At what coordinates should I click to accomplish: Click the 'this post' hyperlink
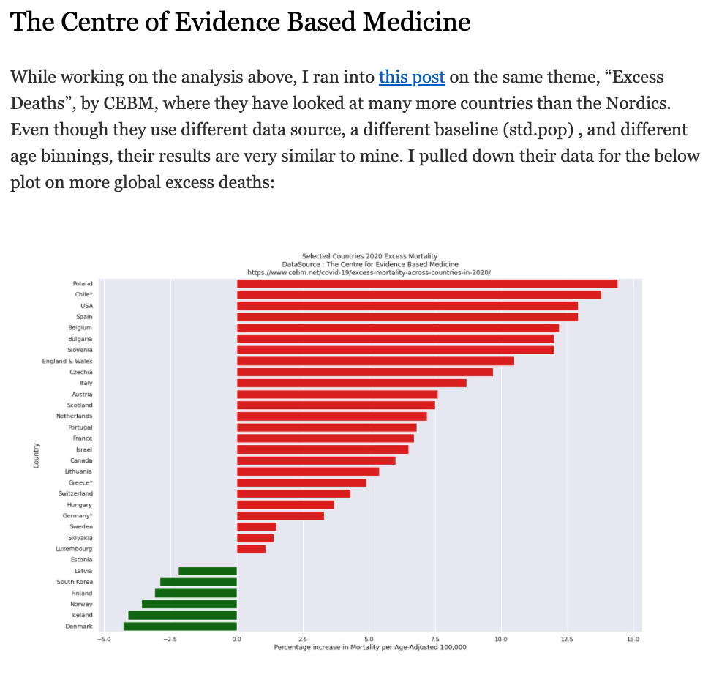click(x=412, y=77)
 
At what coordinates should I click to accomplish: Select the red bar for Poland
click(x=427, y=284)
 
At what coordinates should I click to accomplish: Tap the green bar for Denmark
click(x=180, y=627)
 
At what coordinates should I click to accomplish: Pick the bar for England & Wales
click(x=375, y=361)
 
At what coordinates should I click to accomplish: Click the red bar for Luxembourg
click(x=251, y=549)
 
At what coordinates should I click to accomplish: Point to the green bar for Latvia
click(x=208, y=571)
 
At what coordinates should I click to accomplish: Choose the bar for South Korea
click(x=198, y=582)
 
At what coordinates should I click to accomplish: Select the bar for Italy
click(x=351, y=383)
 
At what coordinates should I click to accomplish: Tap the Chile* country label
click(x=83, y=294)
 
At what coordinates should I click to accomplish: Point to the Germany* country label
click(x=78, y=516)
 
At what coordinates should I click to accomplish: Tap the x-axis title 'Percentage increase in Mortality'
click(x=369, y=647)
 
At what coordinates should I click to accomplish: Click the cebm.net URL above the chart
click(x=369, y=272)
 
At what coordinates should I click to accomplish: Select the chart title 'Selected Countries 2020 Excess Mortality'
click(x=369, y=256)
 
